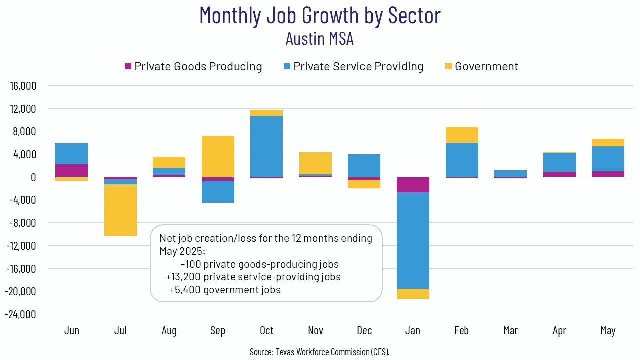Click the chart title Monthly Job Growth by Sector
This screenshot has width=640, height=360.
click(x=320, y=16)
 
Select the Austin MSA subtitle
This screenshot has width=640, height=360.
click(x=320, y=38)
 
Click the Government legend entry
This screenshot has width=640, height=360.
click(x=486, y=66)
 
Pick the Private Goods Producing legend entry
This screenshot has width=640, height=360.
click(x=198, y=66)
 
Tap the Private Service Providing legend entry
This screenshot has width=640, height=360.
click(x=358, y=66)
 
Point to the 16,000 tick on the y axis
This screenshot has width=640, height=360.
click(x=23, y=86)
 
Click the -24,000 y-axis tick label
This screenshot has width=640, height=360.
click(x=21, y=314)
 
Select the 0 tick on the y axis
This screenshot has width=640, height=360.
click(x=33, y=177)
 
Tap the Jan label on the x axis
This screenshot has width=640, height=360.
click(x=413, y=331)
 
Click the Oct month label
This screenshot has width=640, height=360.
click(x=267, y=331)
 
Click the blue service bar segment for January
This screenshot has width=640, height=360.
click(x=413, y=240)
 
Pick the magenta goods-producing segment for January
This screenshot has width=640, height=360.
click(x=413, y=185)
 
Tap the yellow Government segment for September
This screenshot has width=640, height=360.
click(x=218, y=156)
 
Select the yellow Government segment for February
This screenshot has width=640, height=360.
click(x=462, y=135)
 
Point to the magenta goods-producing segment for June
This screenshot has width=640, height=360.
click(x=72, y=171)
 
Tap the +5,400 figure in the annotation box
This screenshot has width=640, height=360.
click(x=184, y=290)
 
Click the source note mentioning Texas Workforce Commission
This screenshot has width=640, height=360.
click(x=320, y=352)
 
